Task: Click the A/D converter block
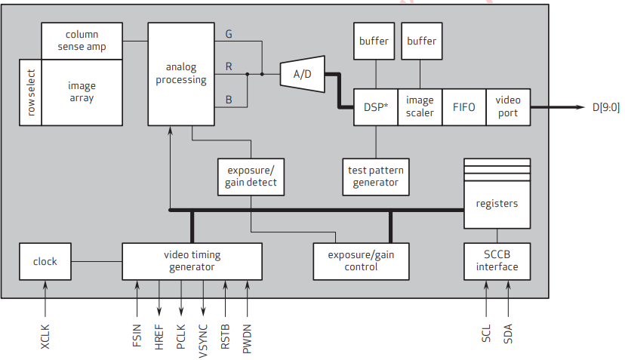click(x=302, y=74)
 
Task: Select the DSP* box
click(x=376, y=107)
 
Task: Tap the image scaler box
click(x=420, y=107)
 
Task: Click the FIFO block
click(x=464, y=107)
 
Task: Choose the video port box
click(x=508, y=107)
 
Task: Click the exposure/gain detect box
click(x=251, y=177)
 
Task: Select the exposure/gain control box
click(x=360, y=261)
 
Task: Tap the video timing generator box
click(x=192, y=261)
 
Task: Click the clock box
click(x=45, y=261)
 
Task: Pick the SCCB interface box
click(x=497, y=261)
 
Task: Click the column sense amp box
click(x=82, y=41)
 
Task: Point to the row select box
click(x=31, y=93)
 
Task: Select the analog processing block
click(x=181, y=74)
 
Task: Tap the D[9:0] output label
click(x=606, y=107)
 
